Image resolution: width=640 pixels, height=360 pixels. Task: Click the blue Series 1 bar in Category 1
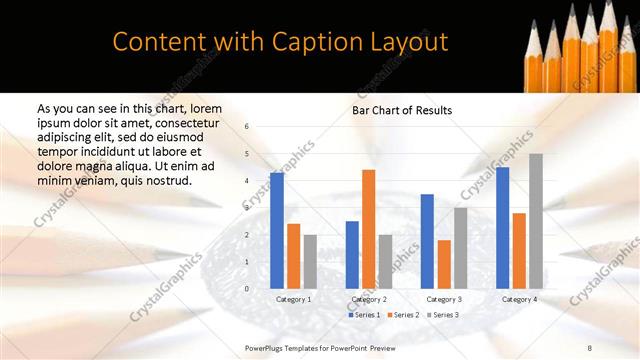276,230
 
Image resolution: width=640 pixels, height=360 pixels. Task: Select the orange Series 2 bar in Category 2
368,229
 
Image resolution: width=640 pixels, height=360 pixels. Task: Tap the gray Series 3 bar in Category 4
536,221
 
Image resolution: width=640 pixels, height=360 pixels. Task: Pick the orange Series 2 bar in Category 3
443,264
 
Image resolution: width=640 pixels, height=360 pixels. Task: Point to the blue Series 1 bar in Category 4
502,227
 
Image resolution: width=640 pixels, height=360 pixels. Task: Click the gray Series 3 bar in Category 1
310,261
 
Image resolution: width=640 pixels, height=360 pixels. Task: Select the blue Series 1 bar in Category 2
352,254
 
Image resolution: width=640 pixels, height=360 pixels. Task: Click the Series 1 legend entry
364,315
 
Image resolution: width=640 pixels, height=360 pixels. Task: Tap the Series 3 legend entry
442,315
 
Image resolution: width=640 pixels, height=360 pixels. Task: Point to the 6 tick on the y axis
247,127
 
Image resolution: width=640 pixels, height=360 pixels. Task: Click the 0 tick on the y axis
247,289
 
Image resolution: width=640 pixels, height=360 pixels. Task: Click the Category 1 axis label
293,299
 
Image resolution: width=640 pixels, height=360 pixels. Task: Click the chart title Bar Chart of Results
402,110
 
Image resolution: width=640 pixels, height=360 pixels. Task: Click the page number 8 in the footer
617,346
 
